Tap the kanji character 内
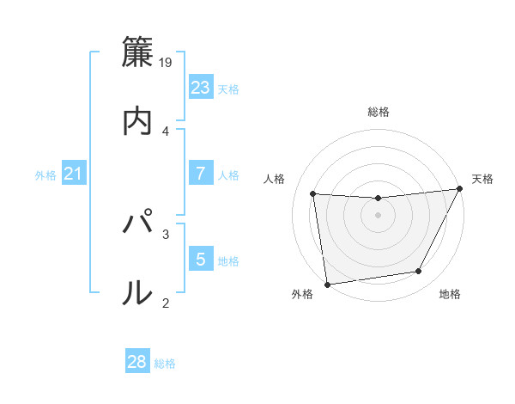click(x=137, y=121)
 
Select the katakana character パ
click(x=137, y=224)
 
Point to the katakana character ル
click(x=137, y=293)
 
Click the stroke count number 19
click(x=166, y=62)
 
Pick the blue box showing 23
click(x=200, y=87)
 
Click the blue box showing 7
click(x=200, y=174)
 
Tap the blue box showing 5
click(x=200, y=259)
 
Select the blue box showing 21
click(x=73, y=174)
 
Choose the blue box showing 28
click(x=136, y=362)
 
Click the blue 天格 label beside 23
click(x=228, y=89)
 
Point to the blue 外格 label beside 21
click(x=45, y=175)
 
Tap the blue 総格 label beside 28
click(x=165, y=364)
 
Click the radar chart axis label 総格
click(x=379, y=112)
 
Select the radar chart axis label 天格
click(x=482, y=179)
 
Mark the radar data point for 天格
click(x=460, y=189)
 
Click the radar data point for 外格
click(x=327, y=284)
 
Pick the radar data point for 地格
click(x=419, y=272)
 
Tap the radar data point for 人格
click(x=313, y=194)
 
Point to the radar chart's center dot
click(x=378, y=215)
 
